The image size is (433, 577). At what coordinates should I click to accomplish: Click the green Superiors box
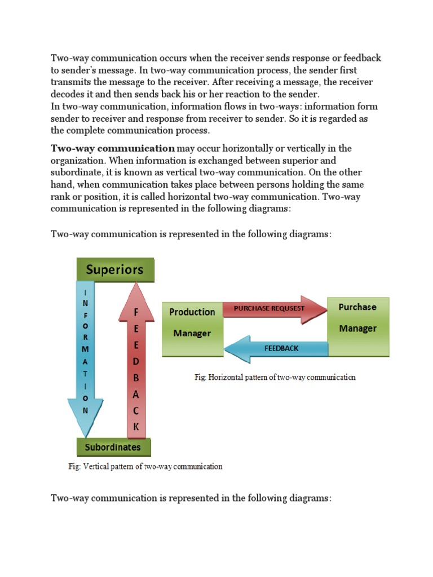click(x=114, y=269)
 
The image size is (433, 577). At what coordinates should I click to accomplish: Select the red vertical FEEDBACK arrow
click(x=135, y=366)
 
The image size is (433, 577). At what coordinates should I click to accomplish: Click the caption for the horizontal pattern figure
click(x=275, y=378)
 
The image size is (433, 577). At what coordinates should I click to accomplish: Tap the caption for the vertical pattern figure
click(x=145, y=467)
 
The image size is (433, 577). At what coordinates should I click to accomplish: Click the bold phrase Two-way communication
click(x=113, y=149)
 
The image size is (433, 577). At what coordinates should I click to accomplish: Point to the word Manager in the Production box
click(x=192, y=334)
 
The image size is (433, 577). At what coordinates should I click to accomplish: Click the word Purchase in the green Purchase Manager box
click(x=357, y=307)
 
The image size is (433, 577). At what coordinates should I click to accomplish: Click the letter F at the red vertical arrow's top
click(x=135, y=312)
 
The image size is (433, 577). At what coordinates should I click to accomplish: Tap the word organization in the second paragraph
click(x=77, y=161)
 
